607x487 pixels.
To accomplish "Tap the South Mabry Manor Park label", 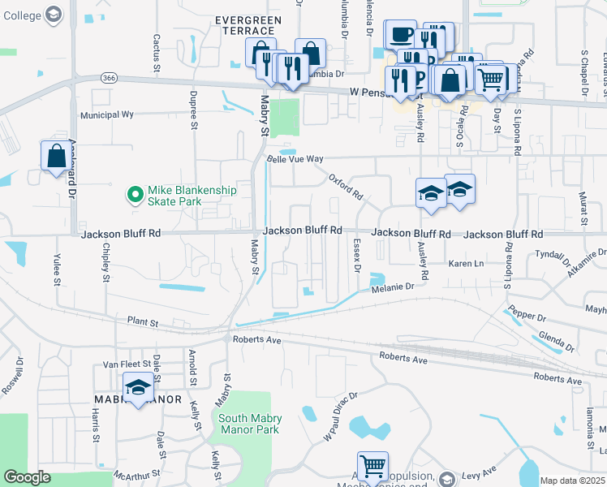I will point(248,424).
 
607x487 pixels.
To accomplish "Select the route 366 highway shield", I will point(110,77).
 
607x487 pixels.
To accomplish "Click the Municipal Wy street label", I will point(105,114).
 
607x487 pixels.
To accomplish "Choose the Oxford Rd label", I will point(346,188).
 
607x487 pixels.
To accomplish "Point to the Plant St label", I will point(141,322).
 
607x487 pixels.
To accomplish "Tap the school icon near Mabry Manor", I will point(139,387).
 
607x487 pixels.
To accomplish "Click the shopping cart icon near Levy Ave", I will point(372,466).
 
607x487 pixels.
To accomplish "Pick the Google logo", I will point(27,477).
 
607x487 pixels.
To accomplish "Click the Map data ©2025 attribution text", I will point(572,481).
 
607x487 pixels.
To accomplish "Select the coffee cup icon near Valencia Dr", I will point(401,35).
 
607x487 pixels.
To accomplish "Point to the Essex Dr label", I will point(357,256).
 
